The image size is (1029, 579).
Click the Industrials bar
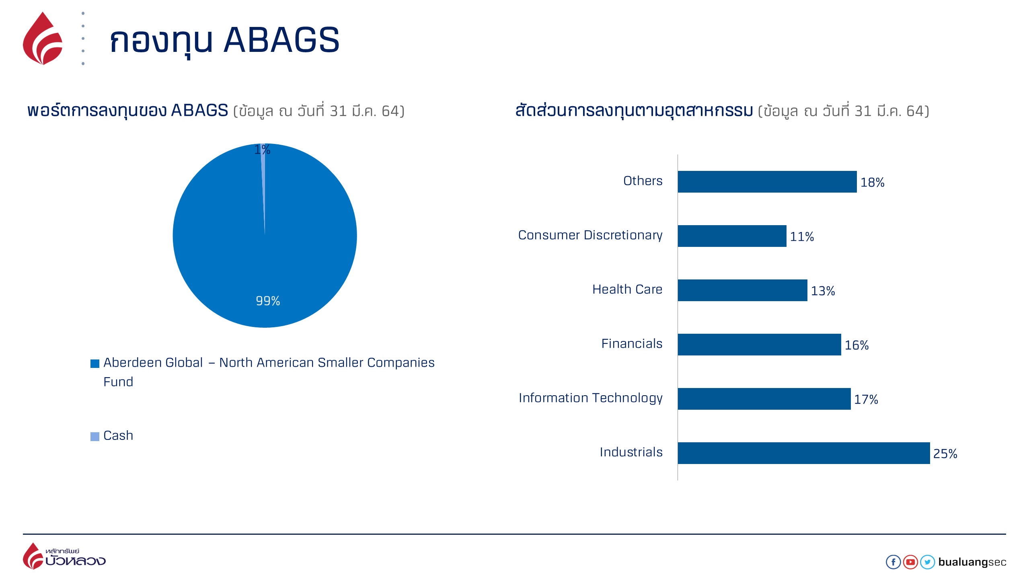803,453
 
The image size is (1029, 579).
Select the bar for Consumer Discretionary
732,236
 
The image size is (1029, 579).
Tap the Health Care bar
742,290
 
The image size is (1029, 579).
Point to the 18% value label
872,183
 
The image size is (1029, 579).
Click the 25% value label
945,454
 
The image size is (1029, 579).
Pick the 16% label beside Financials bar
856,345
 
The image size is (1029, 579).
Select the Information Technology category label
590,398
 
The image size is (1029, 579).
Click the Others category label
643,181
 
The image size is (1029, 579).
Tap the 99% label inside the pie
268,301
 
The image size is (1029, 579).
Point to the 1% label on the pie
262,150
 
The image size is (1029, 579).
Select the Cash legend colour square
95,436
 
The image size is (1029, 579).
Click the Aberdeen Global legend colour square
95,363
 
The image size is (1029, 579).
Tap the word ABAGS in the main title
281,40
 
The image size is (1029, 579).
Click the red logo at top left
43,39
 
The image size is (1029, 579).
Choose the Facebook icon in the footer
893,562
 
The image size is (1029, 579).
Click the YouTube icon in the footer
910,562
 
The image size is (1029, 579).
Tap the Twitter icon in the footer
927,562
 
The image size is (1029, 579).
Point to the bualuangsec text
972,562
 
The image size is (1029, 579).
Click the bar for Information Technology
764,399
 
